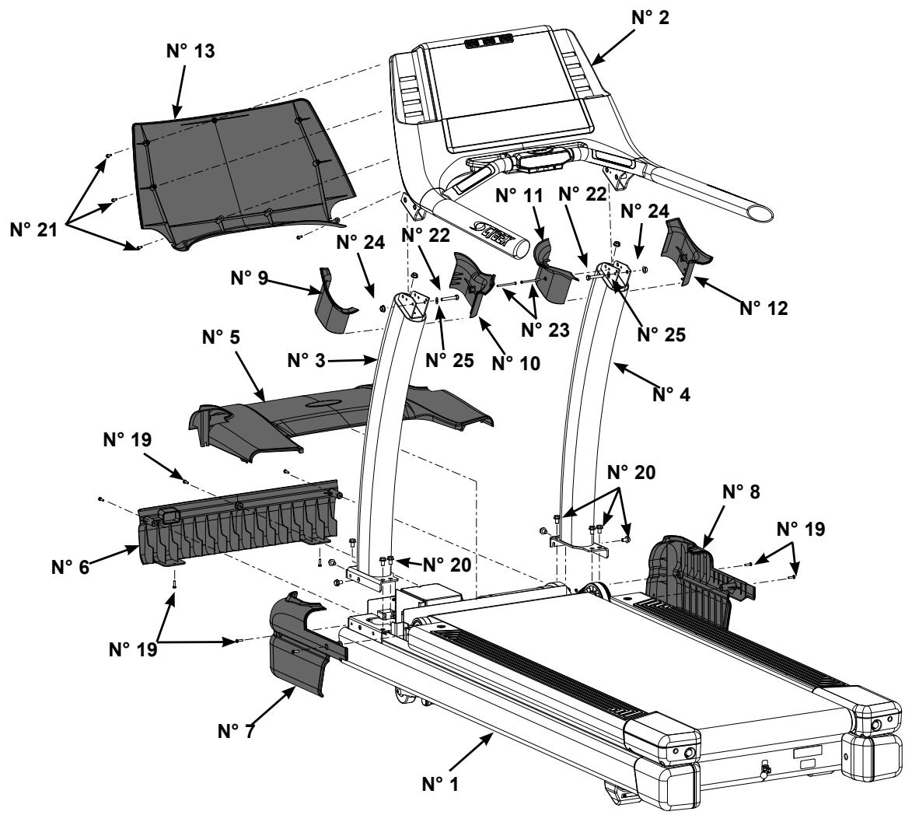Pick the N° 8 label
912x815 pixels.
pyautogui.click(x=746, y=493)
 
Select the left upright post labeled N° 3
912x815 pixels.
pyautogui.click(x=389, y=435)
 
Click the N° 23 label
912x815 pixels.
pyautogui.click(x=545, y=329)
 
